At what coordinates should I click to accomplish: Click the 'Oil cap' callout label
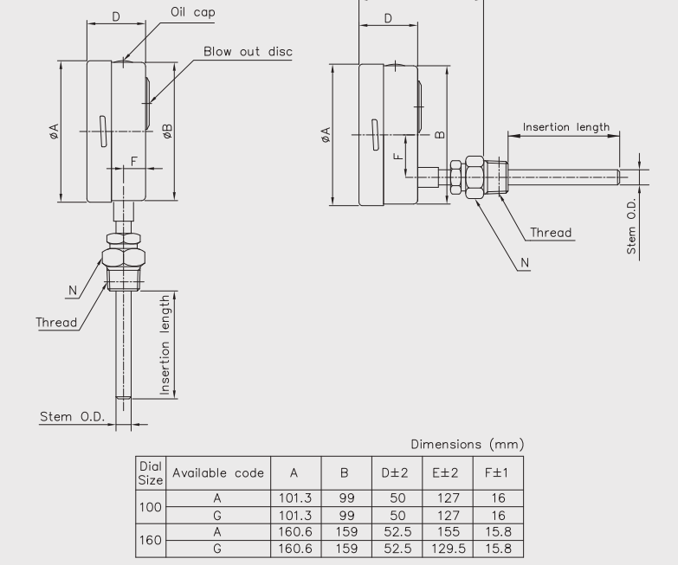point(193,12)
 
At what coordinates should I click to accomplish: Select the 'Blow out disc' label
point(248,51)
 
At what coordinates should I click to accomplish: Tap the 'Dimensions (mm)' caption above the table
point(468,444)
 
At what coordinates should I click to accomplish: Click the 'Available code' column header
point(218,473)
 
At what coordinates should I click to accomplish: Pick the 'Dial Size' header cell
point(151,473)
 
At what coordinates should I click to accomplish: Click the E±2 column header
point(445,473)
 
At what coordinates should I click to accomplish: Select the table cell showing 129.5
point(449,549)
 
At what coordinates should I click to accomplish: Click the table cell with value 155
point(449,532)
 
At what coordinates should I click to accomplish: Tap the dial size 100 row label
point(151,507)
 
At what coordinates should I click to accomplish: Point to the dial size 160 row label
point(151,540)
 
